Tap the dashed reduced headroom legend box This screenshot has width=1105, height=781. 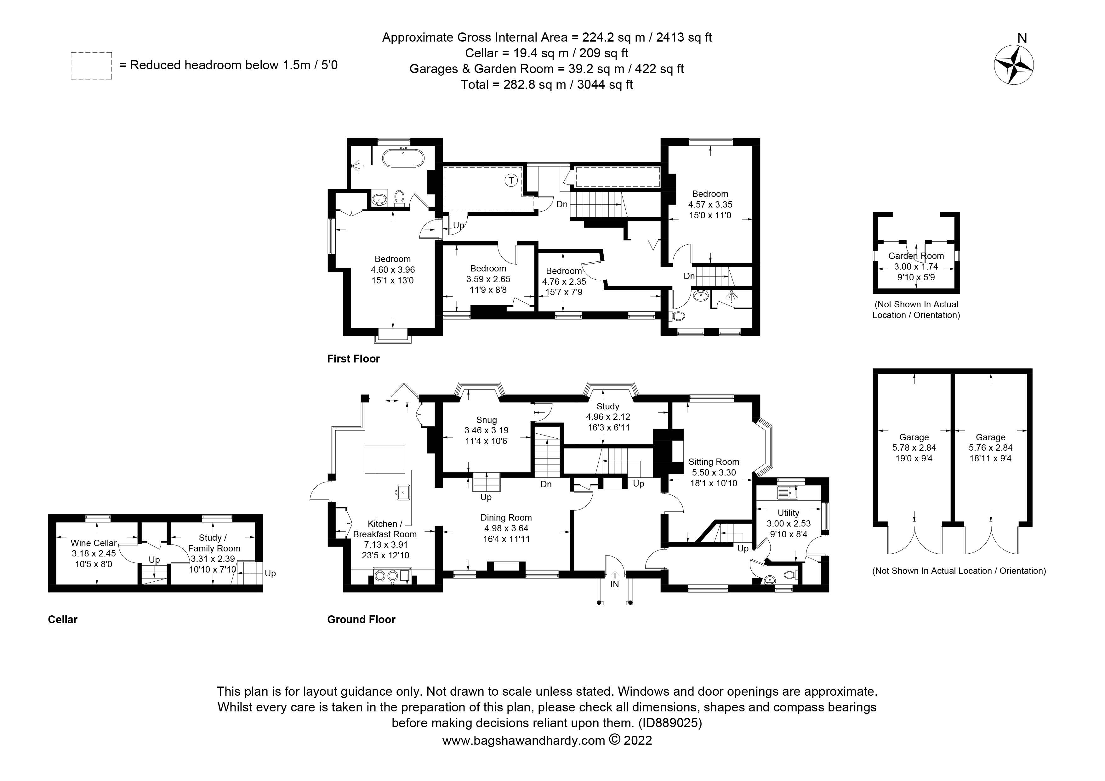(91, 66)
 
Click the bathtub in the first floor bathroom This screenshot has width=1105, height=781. (403, 158)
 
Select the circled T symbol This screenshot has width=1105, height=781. (511, 180)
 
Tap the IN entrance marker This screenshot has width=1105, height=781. (615, 584)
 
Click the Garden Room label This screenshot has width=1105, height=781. (916, 256)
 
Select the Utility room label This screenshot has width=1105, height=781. (788, 513)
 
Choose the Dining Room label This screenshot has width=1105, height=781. (506, 518)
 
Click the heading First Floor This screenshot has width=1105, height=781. (353, 359)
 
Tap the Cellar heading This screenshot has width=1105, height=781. (63, 620)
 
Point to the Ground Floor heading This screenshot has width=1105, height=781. (361, 620)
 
